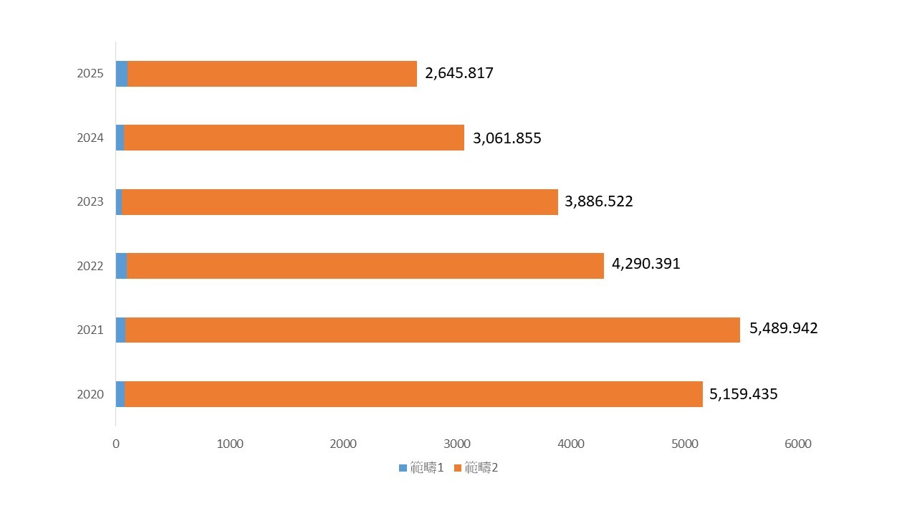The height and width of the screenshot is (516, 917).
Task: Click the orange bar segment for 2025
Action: tap(272, 74)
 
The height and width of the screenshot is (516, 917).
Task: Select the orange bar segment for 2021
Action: tap(433, 330)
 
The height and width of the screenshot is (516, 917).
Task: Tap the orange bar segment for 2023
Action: tap(340, 202)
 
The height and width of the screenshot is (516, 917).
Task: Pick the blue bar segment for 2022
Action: tap(121, 266)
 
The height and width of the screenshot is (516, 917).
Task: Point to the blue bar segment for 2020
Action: tap(120, 394)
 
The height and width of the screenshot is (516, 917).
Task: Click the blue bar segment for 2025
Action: tap(122, 74)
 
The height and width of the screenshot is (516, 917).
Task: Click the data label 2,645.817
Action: tap(459, 73)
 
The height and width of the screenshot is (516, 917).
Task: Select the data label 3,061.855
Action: tap(506, 138)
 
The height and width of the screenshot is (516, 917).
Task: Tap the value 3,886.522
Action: tap(599, 201)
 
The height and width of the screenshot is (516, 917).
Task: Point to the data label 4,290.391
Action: tap(646, 264)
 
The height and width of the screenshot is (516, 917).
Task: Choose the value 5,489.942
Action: tap(783, 328)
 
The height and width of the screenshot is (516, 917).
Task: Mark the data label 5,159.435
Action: tap(744, 394)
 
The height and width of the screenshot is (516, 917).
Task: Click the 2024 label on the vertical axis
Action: tap(90, 138)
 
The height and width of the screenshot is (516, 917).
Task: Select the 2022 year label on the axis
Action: tap(90, 266)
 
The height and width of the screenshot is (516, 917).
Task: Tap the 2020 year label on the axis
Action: tap(90, 394)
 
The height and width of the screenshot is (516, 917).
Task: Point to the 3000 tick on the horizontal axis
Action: tap(457, 444)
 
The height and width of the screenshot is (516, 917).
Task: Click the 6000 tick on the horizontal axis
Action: tap(798, 444)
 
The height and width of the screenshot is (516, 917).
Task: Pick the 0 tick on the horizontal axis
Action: tap(116, 444)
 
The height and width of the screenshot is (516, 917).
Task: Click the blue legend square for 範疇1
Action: tap(403, 469)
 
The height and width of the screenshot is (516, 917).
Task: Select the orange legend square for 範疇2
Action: tap(458, 469)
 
